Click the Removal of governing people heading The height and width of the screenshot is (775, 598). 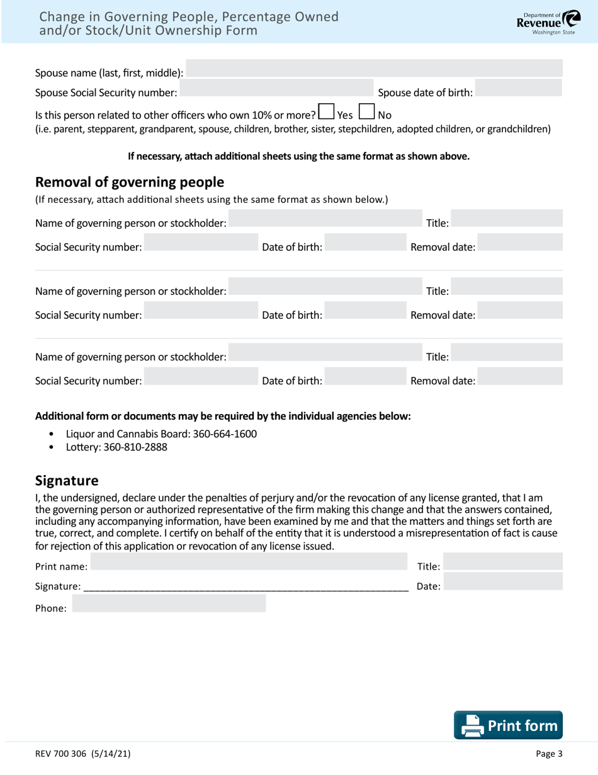130,183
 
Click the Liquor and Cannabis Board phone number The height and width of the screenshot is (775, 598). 223,434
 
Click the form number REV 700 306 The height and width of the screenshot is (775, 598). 83,754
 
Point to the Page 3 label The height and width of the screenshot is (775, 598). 549,754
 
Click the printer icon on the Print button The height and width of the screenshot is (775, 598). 470,726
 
